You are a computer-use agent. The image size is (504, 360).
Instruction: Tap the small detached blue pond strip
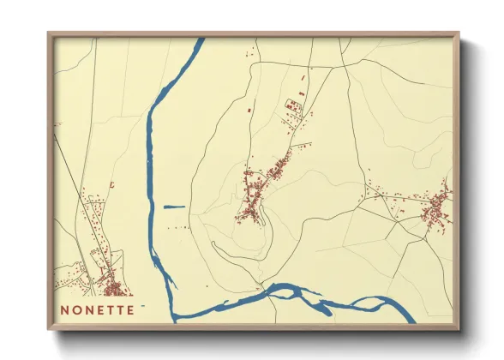(x=174, y=206)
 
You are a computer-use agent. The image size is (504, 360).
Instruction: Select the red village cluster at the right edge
(x=435, y=208)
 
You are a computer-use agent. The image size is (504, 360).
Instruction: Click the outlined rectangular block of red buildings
(x=293, y=106)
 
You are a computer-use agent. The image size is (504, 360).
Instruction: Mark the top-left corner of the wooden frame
(x=49, y=34)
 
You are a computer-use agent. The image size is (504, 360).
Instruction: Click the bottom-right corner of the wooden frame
(x=459, y=328)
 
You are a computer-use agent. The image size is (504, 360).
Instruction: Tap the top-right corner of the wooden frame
(x=459, y=34)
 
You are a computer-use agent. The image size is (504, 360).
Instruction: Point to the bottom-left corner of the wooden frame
(x=49, y=328)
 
